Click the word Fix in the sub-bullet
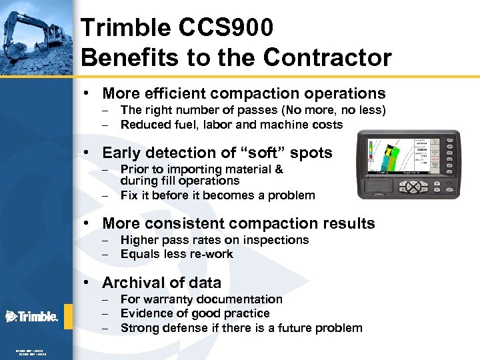coord(129,195)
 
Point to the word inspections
coord(276,240)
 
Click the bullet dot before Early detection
coord(87,153)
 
